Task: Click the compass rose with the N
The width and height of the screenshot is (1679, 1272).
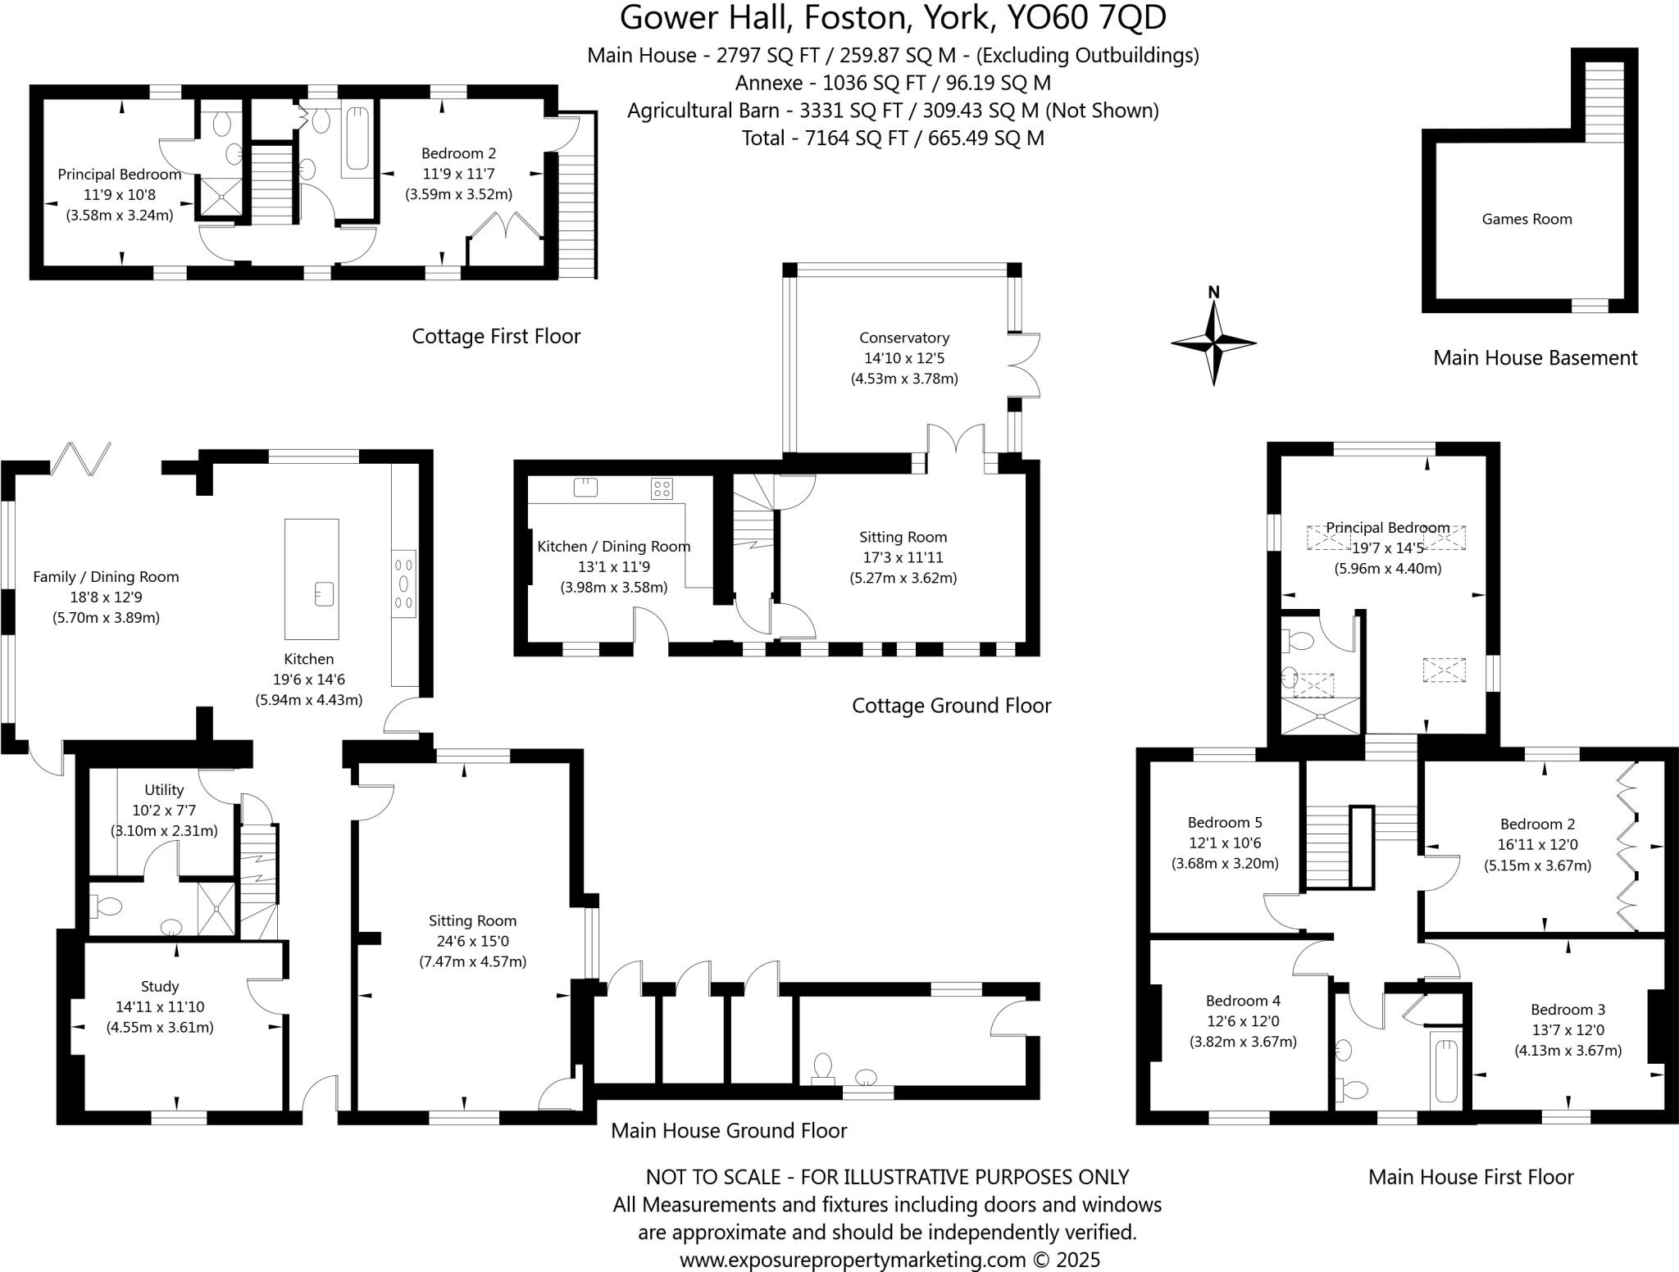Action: [1213, 343]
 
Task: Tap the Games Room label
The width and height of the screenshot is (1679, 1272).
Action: [1527, 219]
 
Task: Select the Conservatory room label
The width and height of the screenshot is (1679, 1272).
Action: [904, 338]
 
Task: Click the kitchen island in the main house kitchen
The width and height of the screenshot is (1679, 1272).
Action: [312, 578]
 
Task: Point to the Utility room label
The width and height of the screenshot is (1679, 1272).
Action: [164, 790]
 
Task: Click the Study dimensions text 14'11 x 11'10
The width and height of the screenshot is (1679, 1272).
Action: [160, 1006]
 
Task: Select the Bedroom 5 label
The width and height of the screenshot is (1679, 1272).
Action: [1225, 822]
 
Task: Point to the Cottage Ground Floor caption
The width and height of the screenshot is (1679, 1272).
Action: [951, 706]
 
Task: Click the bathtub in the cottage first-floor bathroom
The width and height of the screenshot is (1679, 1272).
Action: [357, 137]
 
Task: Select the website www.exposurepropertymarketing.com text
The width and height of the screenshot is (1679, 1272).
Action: [853, 1260]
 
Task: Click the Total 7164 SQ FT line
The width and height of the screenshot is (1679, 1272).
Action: [893, 138]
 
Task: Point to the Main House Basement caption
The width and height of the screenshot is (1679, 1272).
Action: [1535, 357]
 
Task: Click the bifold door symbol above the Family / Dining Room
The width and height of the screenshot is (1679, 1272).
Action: [80, 459]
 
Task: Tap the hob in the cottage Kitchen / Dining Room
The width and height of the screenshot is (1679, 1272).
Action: [662, 489]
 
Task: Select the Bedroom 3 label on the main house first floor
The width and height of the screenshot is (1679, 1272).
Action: [1568, 1010]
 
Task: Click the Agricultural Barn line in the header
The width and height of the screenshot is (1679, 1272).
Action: [893, 111]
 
